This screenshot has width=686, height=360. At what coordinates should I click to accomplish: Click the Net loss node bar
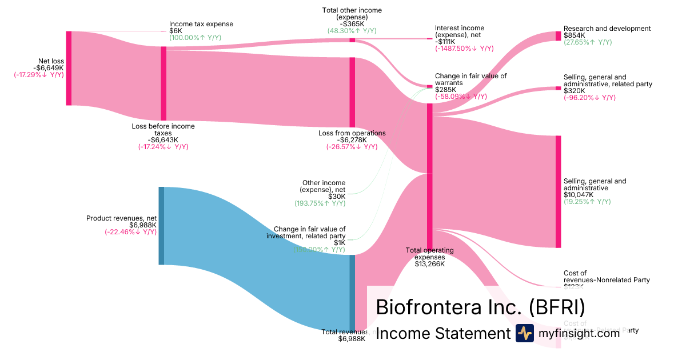pos(69,68)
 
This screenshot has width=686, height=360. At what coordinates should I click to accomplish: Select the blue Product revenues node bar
pos(161,226)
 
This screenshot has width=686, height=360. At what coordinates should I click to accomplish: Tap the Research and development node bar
pos(558,36)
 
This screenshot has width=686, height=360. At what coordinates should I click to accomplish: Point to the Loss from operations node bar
pos(352,92)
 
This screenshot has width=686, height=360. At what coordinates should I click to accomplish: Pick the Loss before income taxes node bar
pos(163,83)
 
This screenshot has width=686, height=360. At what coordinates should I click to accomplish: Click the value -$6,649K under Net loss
pos(49,67)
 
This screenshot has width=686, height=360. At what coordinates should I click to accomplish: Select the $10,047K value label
pos(579,195)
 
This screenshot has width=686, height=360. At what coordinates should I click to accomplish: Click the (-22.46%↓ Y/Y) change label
pos(130,232)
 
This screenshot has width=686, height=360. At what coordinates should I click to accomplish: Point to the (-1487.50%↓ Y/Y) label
pos(464,49)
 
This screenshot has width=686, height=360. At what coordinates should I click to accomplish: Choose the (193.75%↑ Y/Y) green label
pos(320,203)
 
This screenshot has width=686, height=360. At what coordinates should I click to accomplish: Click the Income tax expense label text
pos(201,24)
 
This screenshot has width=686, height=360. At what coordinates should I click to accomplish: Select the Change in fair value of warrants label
pos(470,79)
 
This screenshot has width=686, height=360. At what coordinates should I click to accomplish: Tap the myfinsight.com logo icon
pos(524,333)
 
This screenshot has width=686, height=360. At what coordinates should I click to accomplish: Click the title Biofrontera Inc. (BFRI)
pos(480,307)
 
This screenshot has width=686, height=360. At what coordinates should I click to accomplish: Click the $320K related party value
pos(574,91)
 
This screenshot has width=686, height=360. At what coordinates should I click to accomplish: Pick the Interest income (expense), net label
pos(459,31)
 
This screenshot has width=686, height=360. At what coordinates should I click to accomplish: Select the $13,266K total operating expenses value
pos(429,263)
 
